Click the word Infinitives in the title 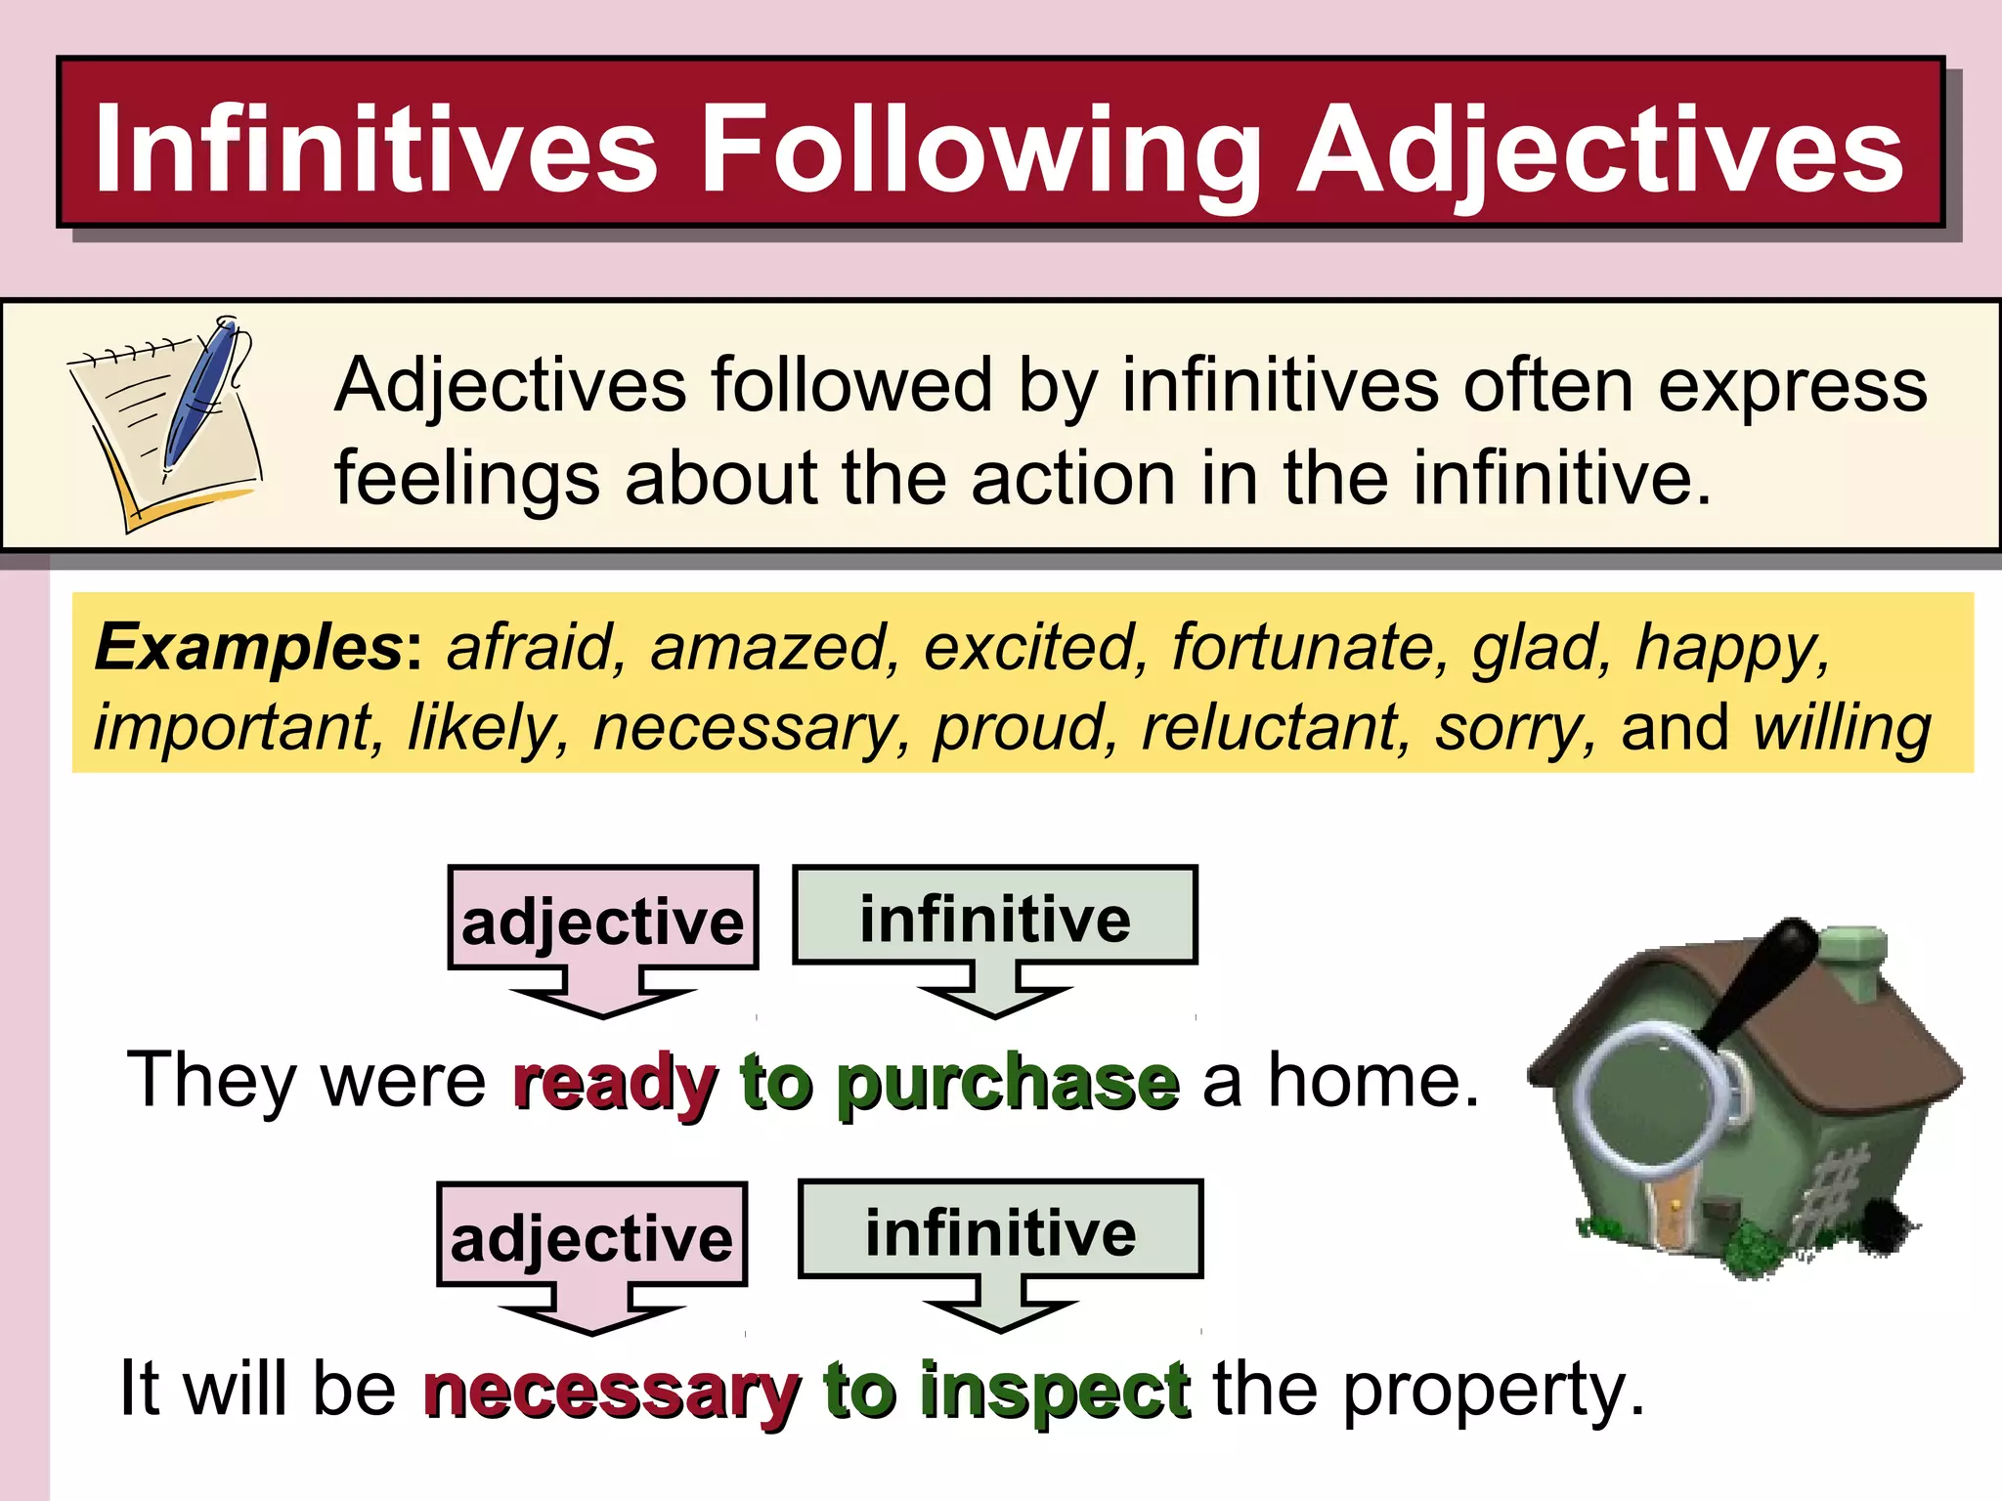[x=376, y=150]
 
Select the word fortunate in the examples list [x=1310, y=647]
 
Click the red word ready [x=615, y=1083]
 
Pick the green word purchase [x=1008, y=1083]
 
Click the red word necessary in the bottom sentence [x=612, y=1391]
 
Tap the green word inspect [x=1056, y=1391]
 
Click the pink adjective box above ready [x=602, y=919]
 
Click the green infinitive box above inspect [x=1001, y=1230]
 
